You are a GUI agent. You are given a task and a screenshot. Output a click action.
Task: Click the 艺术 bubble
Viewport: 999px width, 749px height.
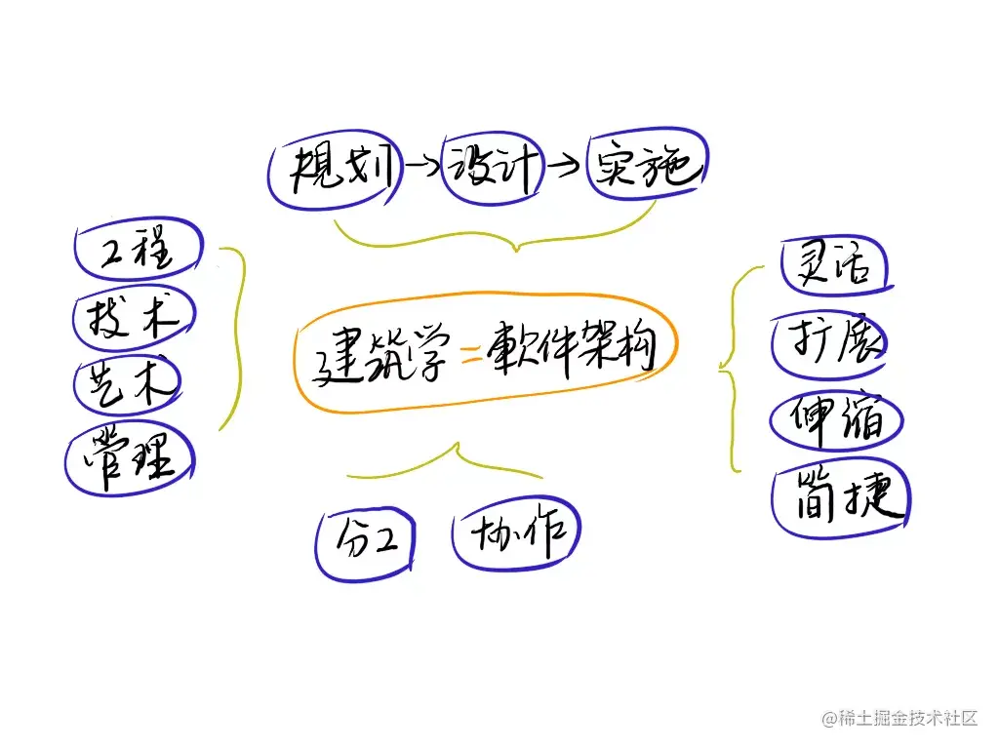point(129,383)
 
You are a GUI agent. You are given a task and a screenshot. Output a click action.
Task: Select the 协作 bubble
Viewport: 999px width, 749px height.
point(516,534)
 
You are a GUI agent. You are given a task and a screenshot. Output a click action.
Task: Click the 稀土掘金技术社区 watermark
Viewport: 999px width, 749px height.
point(899,719)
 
